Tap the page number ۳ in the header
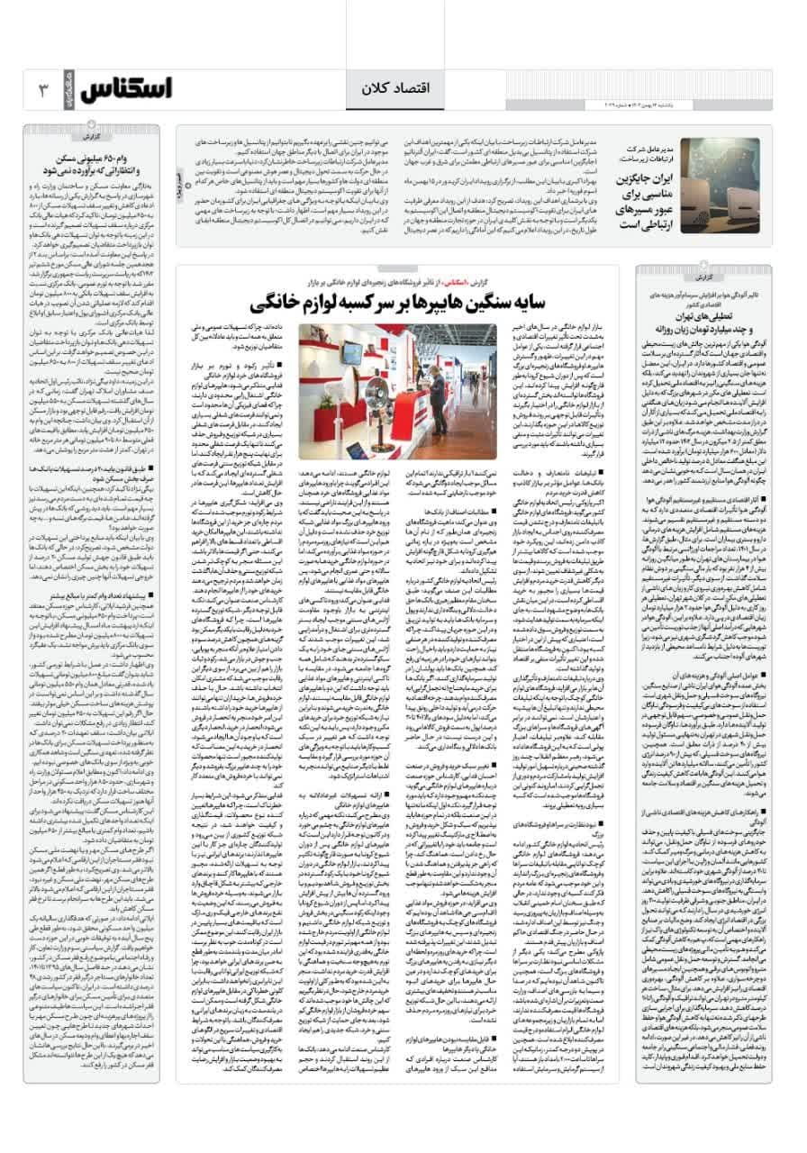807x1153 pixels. [x=45, y=91]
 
